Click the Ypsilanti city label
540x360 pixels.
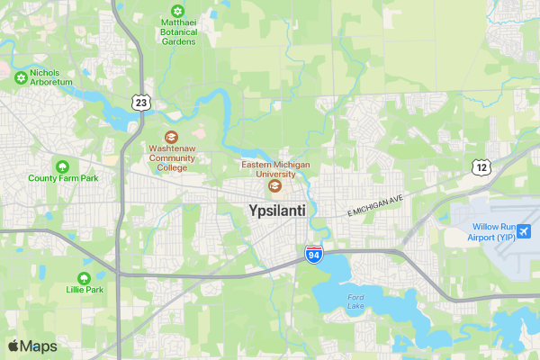click(276, 210)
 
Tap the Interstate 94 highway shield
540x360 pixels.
click(313, 255)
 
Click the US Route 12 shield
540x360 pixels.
click(482, 166)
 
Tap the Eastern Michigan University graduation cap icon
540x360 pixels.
click(275, 186)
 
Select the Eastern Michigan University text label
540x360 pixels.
click(275, 170)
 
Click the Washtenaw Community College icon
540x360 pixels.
click(171, 136)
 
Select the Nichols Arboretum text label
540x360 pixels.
click(50, 76)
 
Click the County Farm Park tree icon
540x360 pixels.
click(62, 166)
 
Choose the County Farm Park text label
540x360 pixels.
click(62, 178)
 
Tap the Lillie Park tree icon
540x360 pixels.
click(84, 278)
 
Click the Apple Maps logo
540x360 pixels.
click(32, 346)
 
